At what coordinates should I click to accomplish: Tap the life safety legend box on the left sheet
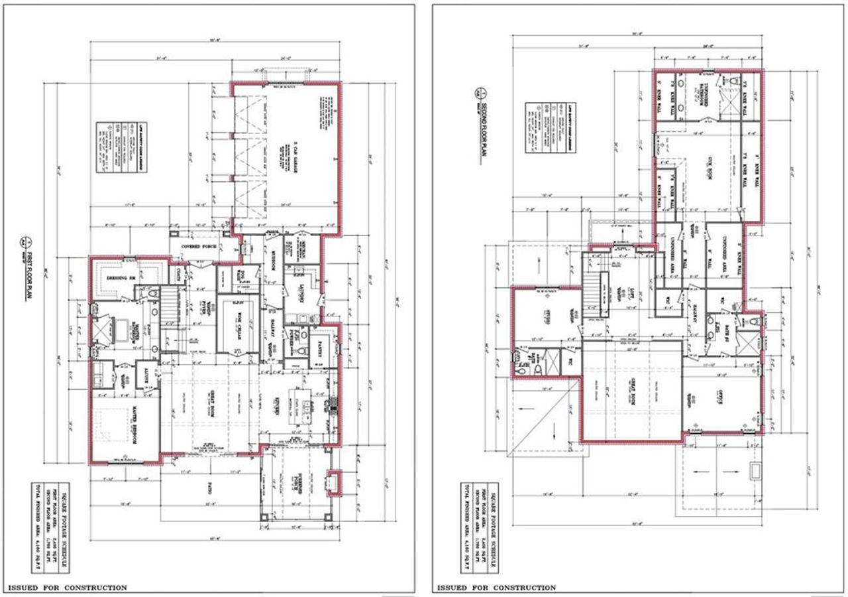tap(104, 148)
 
